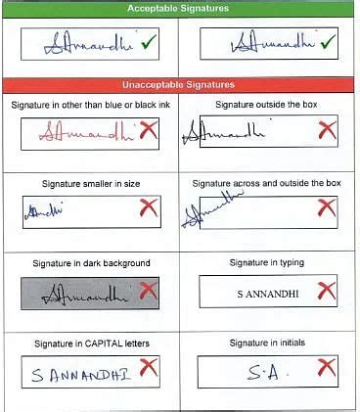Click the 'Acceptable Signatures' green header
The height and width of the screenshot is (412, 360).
coord(178,8)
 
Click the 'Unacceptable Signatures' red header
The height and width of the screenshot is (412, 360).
coord(178,84)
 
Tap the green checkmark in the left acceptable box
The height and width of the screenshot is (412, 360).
coord(149,43)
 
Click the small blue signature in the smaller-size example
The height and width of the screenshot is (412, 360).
coord(43,209)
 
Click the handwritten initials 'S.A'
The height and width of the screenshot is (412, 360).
coord(255,372)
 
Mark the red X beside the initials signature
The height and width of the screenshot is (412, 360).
coord(327,368)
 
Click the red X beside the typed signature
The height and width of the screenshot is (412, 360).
coord(327,290)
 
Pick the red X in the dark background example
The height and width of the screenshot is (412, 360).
coord(149,290)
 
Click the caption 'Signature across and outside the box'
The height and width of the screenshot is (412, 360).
coord(266,183)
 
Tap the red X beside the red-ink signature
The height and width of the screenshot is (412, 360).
coord(149,129)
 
